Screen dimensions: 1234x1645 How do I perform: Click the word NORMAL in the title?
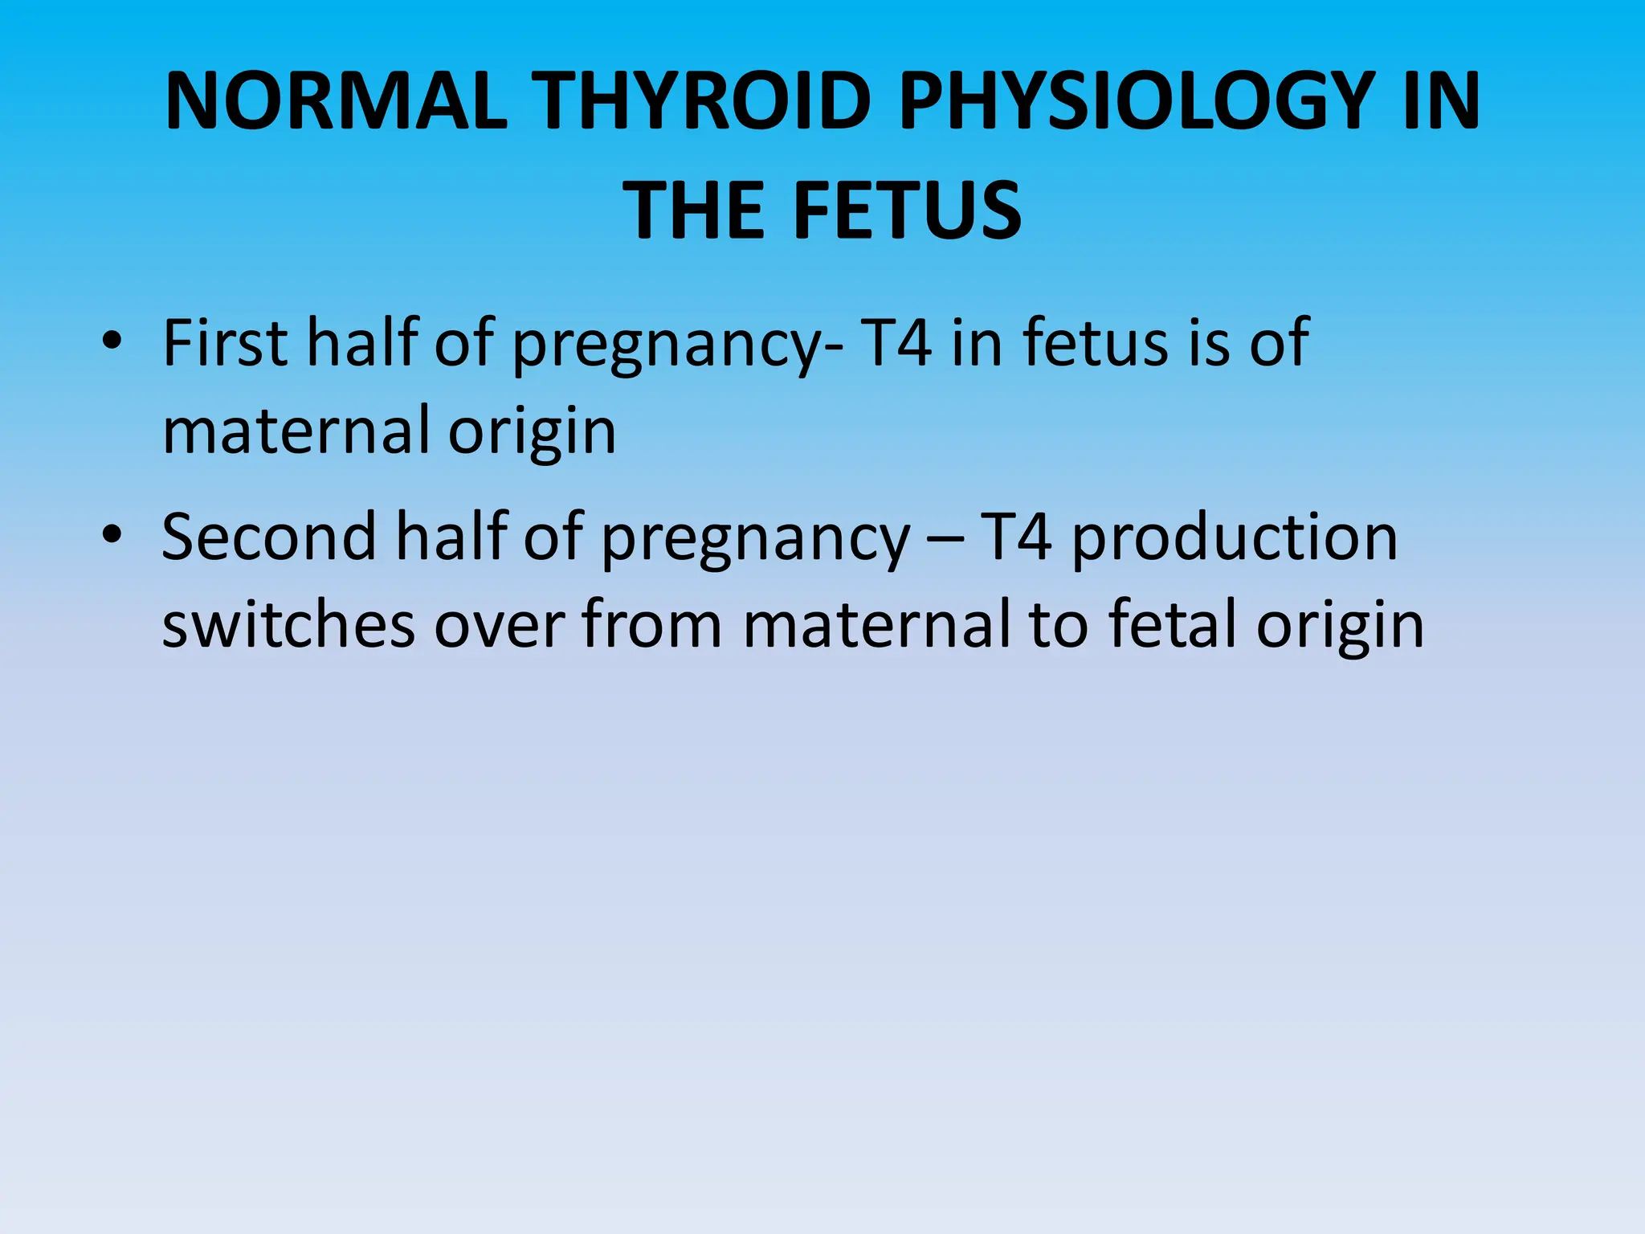click(337, 101)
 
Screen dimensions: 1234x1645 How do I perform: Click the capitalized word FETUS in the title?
click(908, 210)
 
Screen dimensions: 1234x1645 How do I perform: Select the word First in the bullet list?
click(226, 343)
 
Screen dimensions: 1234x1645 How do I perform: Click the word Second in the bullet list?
click(269, 537)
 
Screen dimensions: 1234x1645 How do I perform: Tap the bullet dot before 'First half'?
click(112, 341)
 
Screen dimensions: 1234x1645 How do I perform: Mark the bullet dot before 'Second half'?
click(112, 535)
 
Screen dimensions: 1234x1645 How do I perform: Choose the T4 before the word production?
click(1016, 537)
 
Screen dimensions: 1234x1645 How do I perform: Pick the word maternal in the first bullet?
click(296, 431)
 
